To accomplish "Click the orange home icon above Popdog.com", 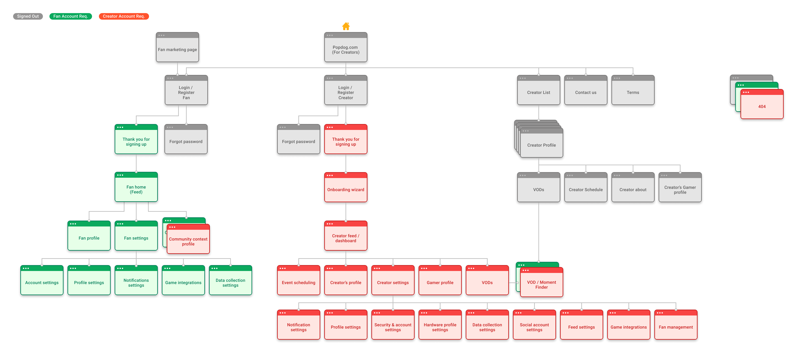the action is point(346,26).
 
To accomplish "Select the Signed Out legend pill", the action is point(28,16).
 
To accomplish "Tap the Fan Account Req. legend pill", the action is point(71,16).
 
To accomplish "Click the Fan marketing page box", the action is point(177,47).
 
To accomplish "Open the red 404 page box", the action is point(762,104).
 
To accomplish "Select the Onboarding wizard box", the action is point(346,187).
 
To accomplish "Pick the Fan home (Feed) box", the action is point(136,187).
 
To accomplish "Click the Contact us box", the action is point(586,90).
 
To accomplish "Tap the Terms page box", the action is point(633,90).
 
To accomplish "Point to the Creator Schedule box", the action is point(586,187).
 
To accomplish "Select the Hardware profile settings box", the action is point(440,324).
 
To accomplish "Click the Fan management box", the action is point(676,324).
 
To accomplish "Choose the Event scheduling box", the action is point(299,280).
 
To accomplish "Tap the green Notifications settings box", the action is point(136,280).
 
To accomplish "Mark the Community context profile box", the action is point(188,239).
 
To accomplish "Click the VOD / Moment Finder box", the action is point(542,282).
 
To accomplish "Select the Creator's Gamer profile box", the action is point(680,187).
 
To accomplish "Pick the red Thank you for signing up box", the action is point(346,139).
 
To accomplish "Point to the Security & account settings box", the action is point(393,324).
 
